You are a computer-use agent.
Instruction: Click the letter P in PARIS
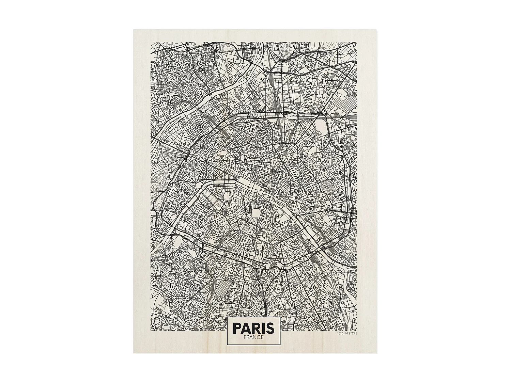pos(237,328)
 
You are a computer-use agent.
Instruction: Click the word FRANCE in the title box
pos(253,337)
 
